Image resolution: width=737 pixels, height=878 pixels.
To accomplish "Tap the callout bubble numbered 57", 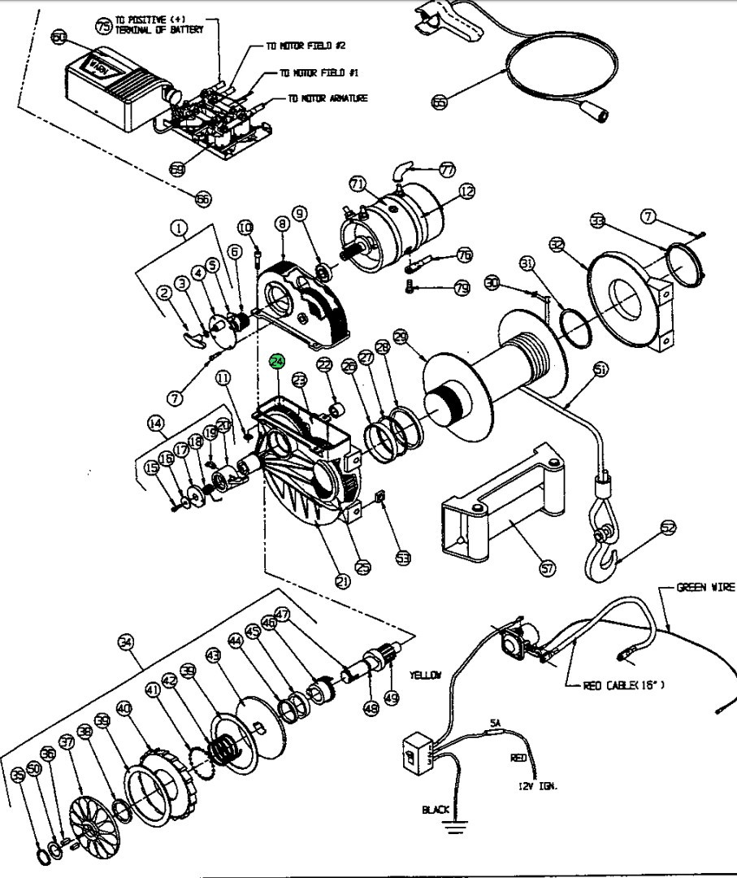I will [x=548, y=568].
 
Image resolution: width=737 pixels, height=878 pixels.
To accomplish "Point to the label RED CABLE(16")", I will [x=623, y=685].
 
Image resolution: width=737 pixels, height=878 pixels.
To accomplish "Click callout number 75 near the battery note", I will [x=103, y=25].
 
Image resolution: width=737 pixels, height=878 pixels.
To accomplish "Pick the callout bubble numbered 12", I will [x=466, y=192].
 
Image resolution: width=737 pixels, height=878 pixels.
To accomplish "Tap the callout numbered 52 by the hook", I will [x=668, y=528].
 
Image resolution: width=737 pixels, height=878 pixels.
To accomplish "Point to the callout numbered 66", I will [x=203, y=197].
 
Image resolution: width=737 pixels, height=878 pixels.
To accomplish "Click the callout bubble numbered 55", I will [x=440, y=102].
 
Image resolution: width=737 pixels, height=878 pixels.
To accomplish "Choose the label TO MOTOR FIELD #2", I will [x=307, y=46].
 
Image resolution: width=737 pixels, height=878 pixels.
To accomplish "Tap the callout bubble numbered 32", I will [x=557, y=243].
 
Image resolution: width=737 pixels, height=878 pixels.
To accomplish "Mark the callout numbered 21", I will [x=342, y=580].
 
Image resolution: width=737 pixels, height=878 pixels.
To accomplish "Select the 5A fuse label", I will [x=495, y=721].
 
